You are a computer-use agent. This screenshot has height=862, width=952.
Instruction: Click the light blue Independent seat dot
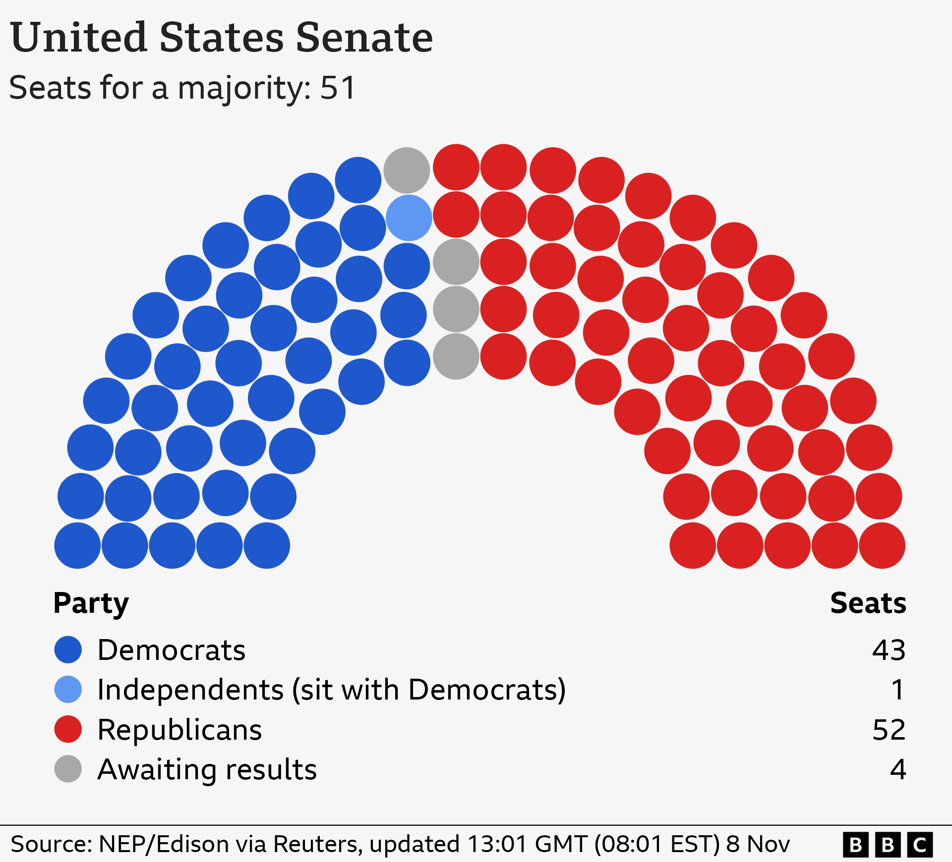pos(409,217)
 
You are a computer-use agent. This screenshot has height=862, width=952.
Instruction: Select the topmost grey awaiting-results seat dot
pos(407,170)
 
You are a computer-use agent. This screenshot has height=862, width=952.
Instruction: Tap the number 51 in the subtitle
pos(338,88)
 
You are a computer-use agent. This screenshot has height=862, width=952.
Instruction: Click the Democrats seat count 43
pos(889,650)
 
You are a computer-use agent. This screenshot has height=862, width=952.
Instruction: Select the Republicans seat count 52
pos(889,730)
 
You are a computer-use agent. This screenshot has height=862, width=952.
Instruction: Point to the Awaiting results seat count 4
pos(897,769)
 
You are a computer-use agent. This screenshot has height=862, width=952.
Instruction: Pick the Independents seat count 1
pos(897,690)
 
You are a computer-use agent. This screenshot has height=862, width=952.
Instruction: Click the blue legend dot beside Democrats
pos(68,649)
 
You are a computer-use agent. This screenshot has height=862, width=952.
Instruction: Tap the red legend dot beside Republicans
pos(68,729)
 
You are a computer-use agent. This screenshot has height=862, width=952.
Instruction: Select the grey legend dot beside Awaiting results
pos(68,769)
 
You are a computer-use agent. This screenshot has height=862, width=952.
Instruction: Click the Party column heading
pos(91,603)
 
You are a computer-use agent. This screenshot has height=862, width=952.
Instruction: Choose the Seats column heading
pos(868,603)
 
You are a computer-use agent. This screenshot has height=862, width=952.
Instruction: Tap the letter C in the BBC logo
pos(920,845)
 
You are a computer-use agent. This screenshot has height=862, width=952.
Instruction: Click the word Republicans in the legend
pos(179,730)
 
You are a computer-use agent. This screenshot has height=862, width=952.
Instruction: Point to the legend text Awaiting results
pos(207,769)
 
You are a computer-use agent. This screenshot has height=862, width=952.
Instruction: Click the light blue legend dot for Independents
pos(68,689)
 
